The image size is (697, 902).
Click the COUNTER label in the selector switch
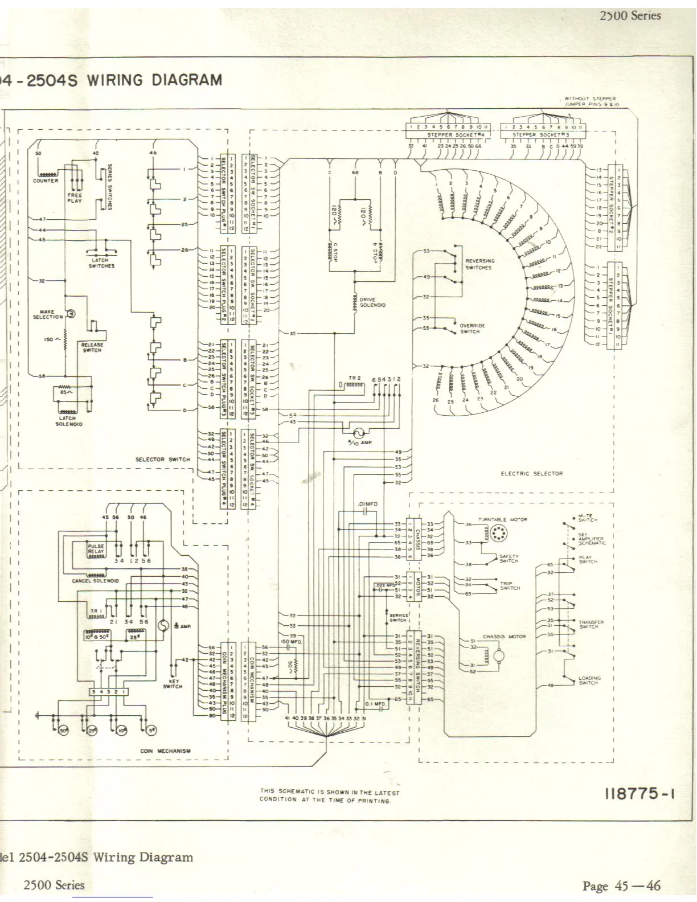click(x=46, y=181)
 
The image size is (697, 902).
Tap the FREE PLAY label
click(x=75, y=198)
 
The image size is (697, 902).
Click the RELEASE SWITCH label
click(x=92, y=347)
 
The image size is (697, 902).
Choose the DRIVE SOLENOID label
click(x=372, y=302)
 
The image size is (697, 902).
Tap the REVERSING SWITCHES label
click(x=479, y=264)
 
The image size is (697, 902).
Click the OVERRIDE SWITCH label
click(x=472, y=329)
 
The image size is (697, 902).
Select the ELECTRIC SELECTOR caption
click(x=531, y=473)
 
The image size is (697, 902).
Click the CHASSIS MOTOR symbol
click(x=499, y=657)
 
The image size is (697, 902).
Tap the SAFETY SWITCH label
click(x=509, y=559)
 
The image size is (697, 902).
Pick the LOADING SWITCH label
click(x=589, y=680)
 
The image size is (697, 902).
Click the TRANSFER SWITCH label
click(x=591, y=624)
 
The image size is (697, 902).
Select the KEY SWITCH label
click(x=173, y=684)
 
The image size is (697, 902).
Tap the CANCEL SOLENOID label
click(x=95, y=581)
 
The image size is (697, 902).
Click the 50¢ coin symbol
click(x=63, y=730)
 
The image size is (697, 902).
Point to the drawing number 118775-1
click(x=639, y=793)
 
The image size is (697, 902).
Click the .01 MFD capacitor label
click(x=367, y=505)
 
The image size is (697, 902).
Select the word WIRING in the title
click(x=114, y=80)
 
